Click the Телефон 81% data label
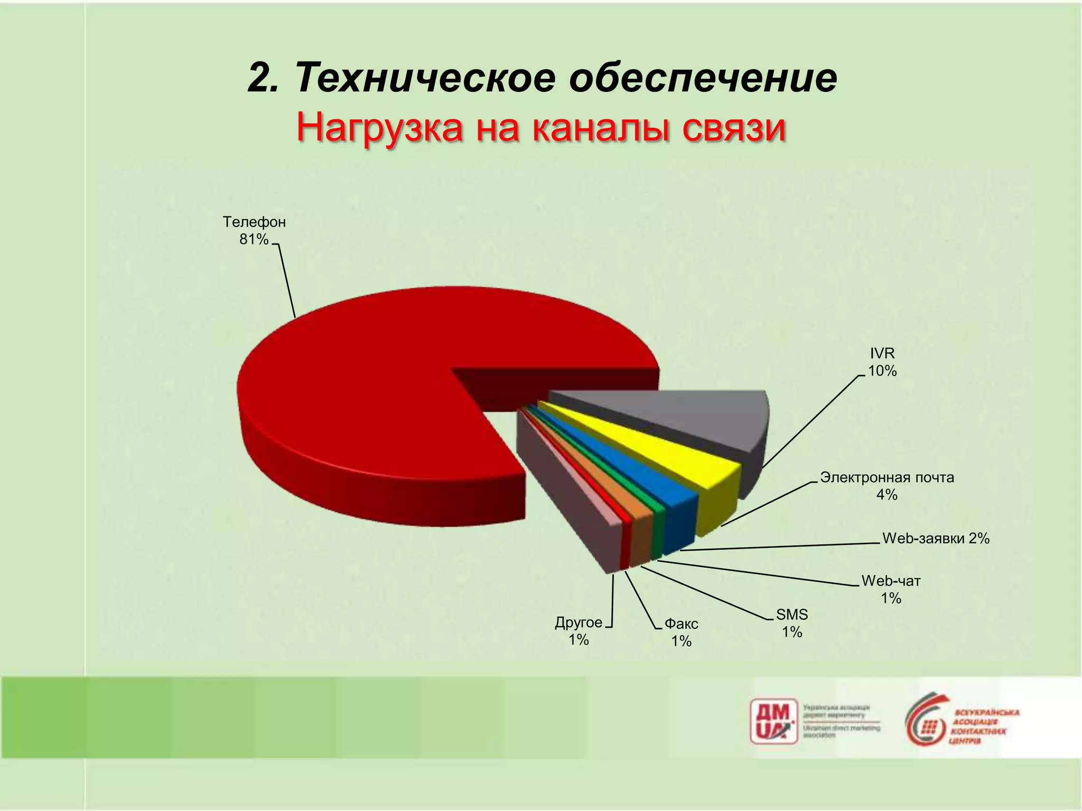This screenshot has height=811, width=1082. (x=254, y=231)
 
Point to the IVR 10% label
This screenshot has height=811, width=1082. (x=882, y=362)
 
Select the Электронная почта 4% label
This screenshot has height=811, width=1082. (x=887, y=486)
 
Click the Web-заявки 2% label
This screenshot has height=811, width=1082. (x=936, y=539)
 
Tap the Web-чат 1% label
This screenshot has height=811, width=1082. (x=891, y=589)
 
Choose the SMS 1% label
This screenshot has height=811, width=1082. (x=792, y=623)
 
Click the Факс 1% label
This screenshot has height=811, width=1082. (x=681, y=632)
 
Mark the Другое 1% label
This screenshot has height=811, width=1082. (x=579, y=630)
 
